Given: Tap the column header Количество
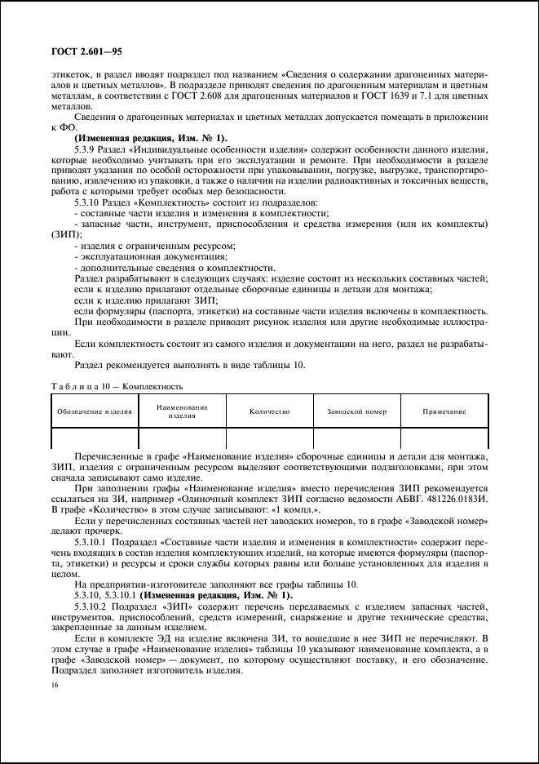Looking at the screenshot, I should [x=270, y=412].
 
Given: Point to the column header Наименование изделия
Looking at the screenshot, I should [x=183, y=411].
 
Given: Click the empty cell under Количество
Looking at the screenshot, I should [x=270, y=439].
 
